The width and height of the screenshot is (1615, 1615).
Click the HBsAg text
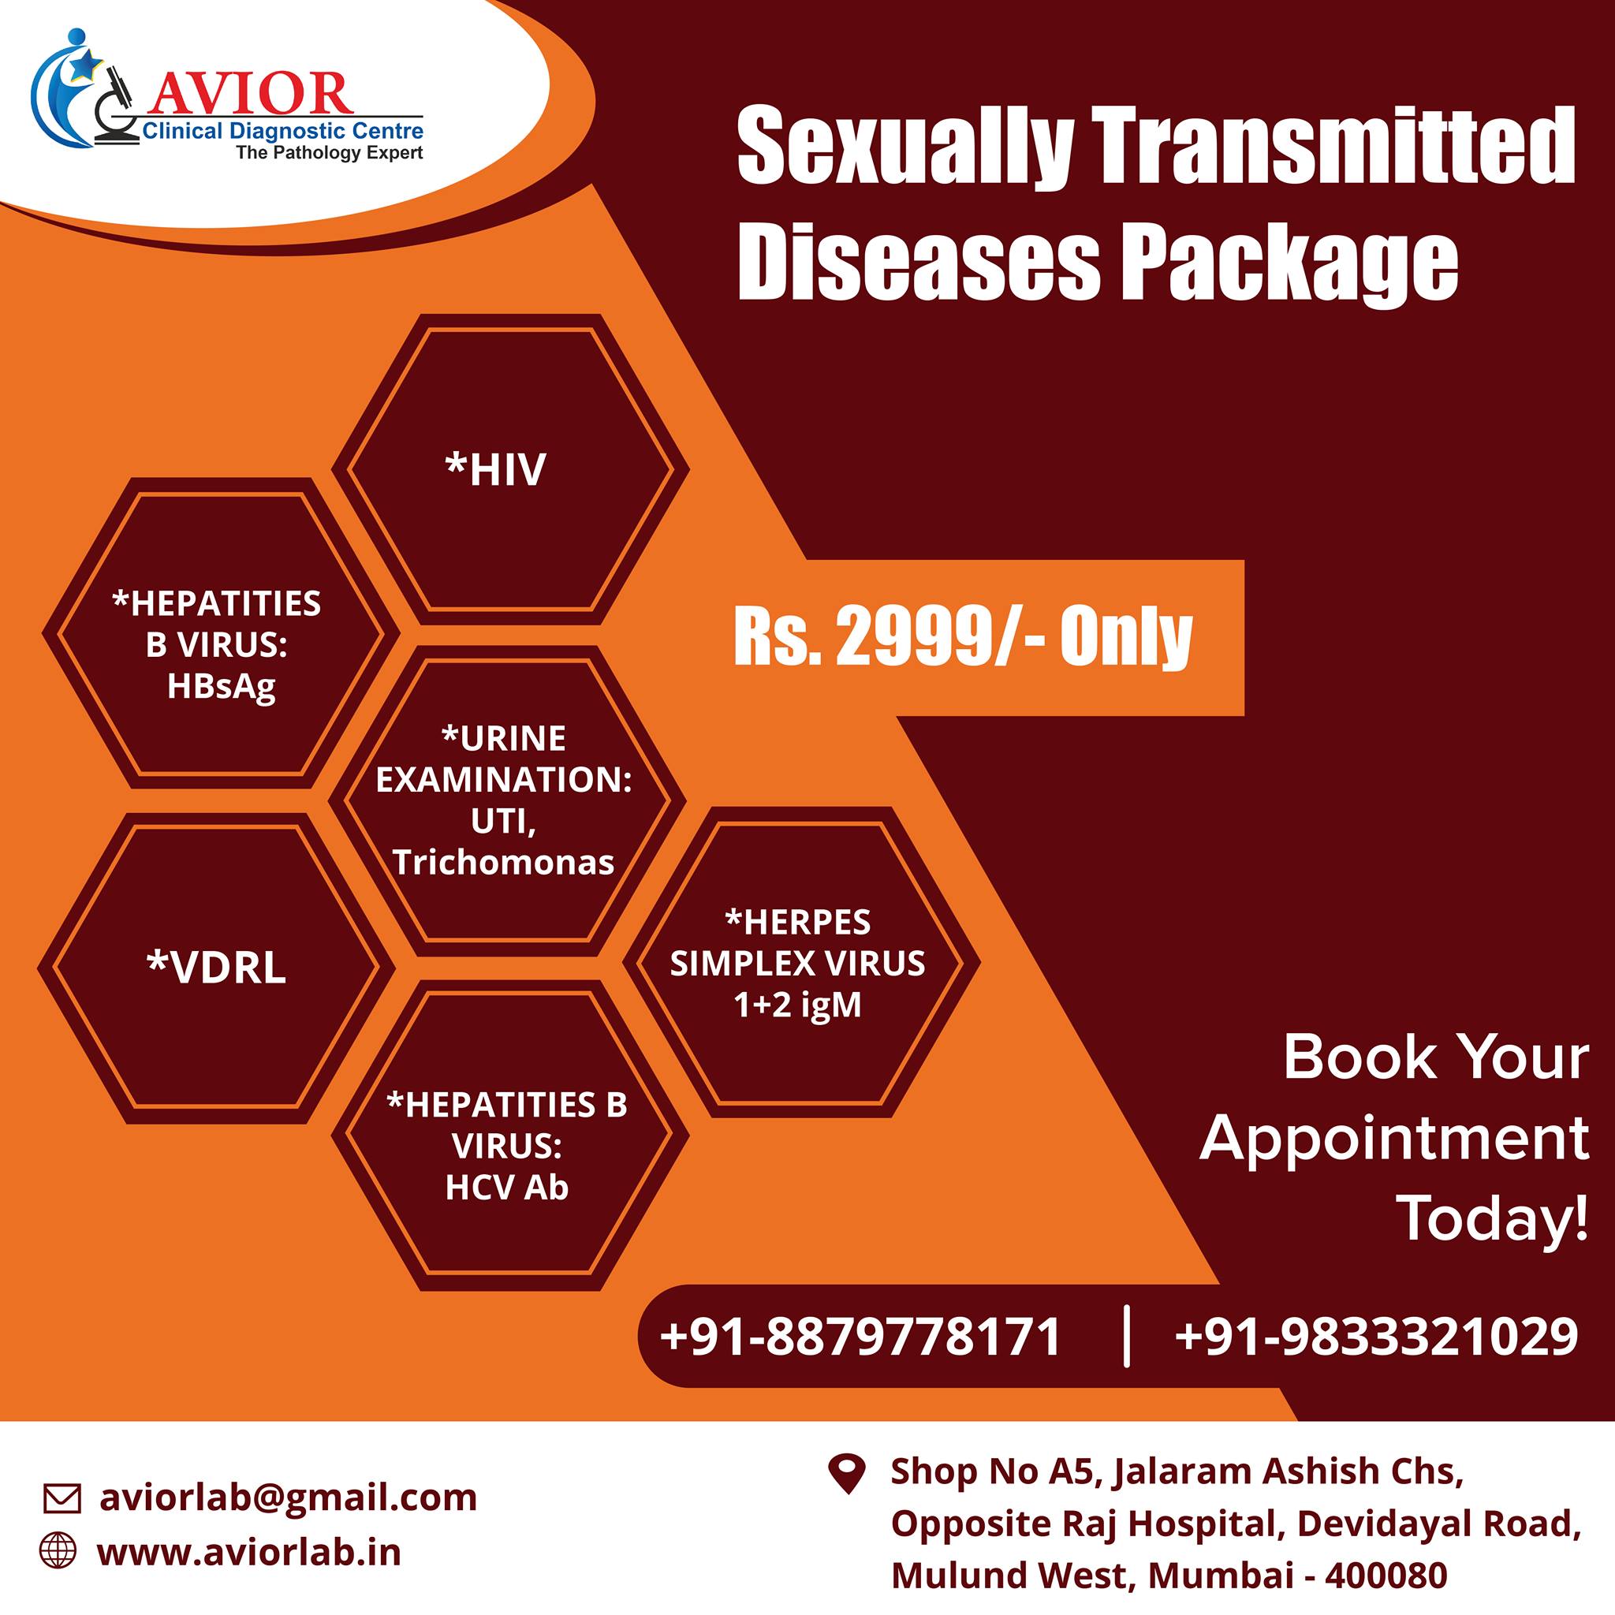tap(221, 687)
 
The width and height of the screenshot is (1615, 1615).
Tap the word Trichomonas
tap(503, 862)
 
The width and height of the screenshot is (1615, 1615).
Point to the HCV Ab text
tap(506, 1188)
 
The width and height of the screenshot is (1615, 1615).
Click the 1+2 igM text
tap(797, 1005)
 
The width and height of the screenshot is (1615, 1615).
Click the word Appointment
tap(1394, 1138)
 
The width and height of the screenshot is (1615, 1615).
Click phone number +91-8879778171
tap(860, 1337)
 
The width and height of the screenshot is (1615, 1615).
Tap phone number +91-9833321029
tap(1376, 1337)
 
